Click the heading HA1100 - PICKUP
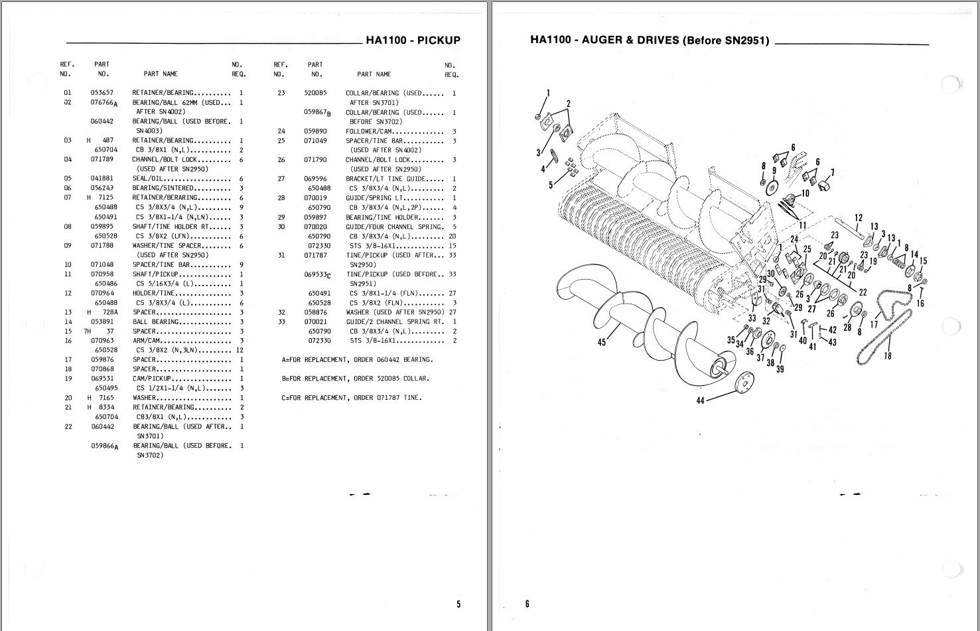point(413,41)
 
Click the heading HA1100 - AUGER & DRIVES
point(649,40)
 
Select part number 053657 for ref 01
point(102,93)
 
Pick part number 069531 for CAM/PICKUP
point(102,379)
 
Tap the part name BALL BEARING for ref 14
point(155,322)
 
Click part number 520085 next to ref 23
point(315,94)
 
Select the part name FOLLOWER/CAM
point(370,132)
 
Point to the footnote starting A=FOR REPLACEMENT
point(357,360)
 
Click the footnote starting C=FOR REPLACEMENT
point(352,398)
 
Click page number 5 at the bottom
point(458,604)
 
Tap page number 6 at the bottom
point(527,604)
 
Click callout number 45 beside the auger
point(601,343)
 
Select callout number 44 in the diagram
point(700,401)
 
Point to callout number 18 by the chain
point(888,355)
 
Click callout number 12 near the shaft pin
point(859,218)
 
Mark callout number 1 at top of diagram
point(548,93)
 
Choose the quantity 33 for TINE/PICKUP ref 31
point(453,256)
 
